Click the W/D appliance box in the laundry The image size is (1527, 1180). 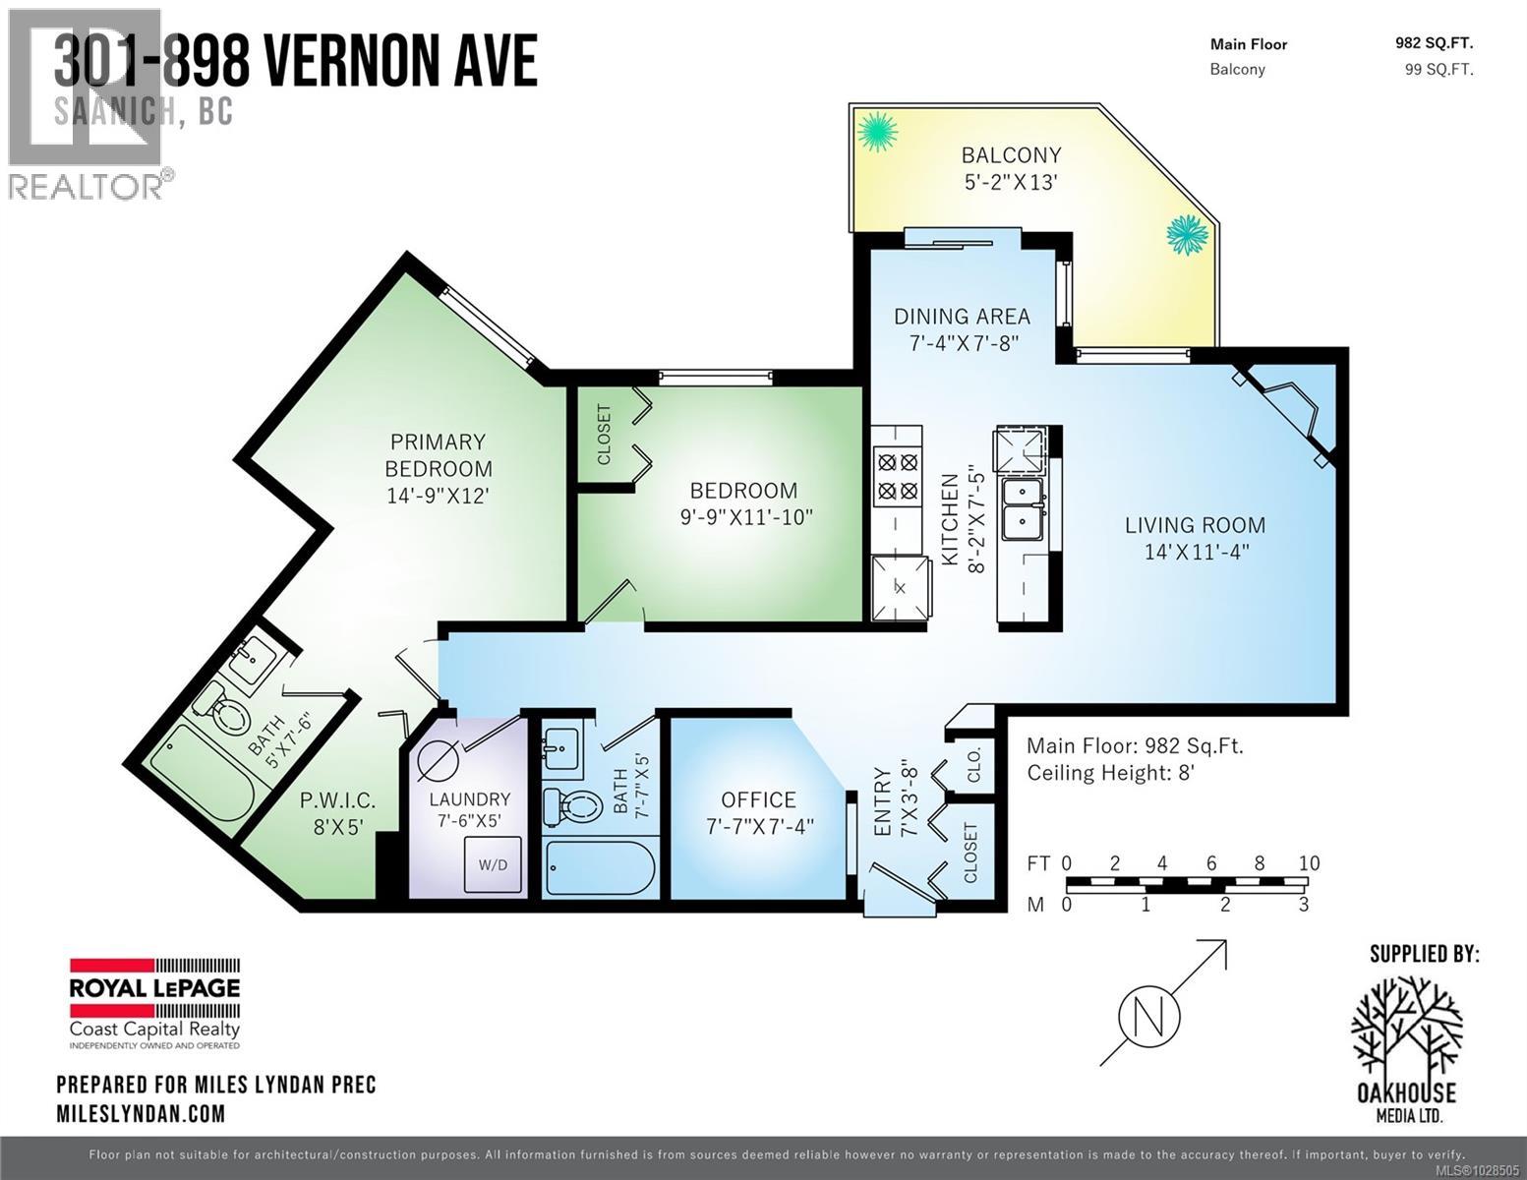coord(493,864)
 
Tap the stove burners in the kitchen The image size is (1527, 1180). coord(896,476)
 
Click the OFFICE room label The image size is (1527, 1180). coord(758,800)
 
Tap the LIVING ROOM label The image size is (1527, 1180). coord(1195,525)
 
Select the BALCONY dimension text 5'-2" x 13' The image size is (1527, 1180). coord(1011,182)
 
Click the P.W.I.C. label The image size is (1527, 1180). coord(337,800)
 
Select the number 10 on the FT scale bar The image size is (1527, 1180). coord(1308,863)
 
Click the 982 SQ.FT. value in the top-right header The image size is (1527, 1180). coord(1434,42)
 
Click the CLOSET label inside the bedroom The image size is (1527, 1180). coord(603,434)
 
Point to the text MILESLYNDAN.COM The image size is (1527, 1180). coord(141,1114)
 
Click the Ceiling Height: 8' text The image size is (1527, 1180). coord(1110,773)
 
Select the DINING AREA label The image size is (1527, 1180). coord(962,316)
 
